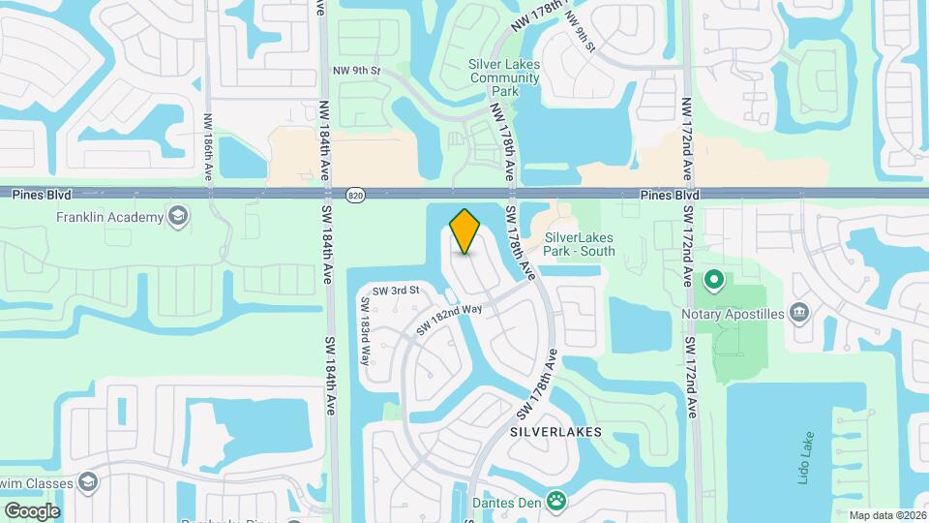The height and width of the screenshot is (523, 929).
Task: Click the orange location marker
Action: coord(465,231)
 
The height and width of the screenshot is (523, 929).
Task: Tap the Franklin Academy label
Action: coord(109,217)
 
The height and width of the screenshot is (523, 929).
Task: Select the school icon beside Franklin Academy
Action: coord(178,216)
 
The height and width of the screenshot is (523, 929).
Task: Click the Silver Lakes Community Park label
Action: coord(503,77)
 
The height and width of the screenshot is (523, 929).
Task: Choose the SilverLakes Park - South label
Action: coord(580,243)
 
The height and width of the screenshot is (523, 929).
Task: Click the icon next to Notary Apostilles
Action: coord(799,312)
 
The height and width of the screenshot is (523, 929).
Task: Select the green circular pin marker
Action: coord(714,281)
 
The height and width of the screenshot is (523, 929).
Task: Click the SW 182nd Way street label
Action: coord(449,321)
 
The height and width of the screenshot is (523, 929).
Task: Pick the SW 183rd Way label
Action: coord(367,329)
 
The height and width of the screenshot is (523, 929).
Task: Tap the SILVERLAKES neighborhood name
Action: coord(555,432)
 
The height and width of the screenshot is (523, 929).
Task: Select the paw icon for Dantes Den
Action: coord(556,501)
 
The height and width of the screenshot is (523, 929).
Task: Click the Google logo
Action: coord(32,510)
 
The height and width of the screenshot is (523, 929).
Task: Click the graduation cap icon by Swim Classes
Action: coord(88,481)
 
